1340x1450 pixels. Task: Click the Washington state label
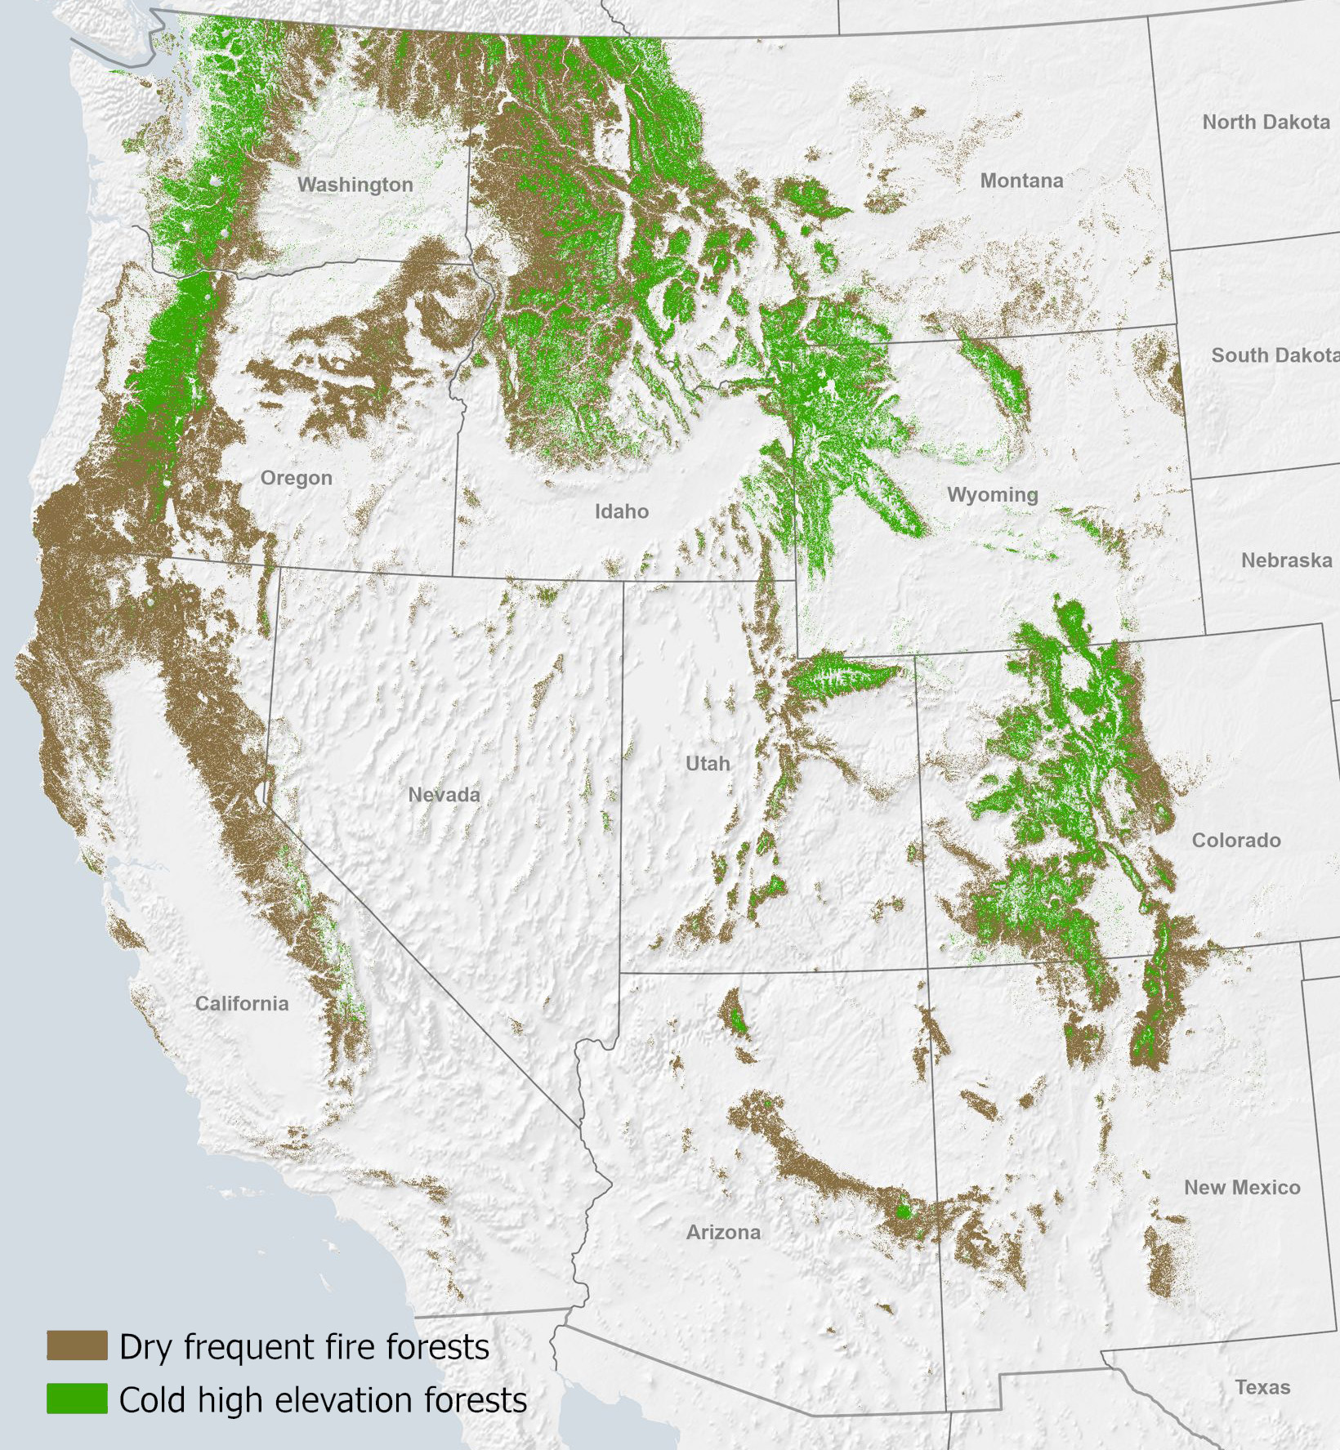click(355, 185)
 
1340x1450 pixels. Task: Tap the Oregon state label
click(296, 478)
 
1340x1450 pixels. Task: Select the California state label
click(242, 1003)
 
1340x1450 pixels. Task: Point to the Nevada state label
click(444, 794)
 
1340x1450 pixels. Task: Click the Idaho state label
click(621, 511)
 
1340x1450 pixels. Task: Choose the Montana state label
click(1021, 181)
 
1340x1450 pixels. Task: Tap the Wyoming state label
click(992, 494)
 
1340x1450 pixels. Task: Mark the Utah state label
click(708, 763)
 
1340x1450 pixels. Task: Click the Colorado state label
click(1235, 840)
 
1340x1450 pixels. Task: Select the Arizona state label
click(723, 1232)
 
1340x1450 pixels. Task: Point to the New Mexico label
click(1242, 1187)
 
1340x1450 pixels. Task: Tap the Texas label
click(1262, 1387)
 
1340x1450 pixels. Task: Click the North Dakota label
click(1266, 122)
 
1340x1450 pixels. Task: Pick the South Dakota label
click(1273, 355)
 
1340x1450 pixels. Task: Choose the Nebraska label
click(1286, 560)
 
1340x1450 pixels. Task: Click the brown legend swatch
click(77, 1345)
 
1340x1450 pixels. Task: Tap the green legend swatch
click(77, 1399)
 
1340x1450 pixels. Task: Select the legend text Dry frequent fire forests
click(304, 1347)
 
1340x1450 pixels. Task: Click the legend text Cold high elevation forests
click(323, 1400)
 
